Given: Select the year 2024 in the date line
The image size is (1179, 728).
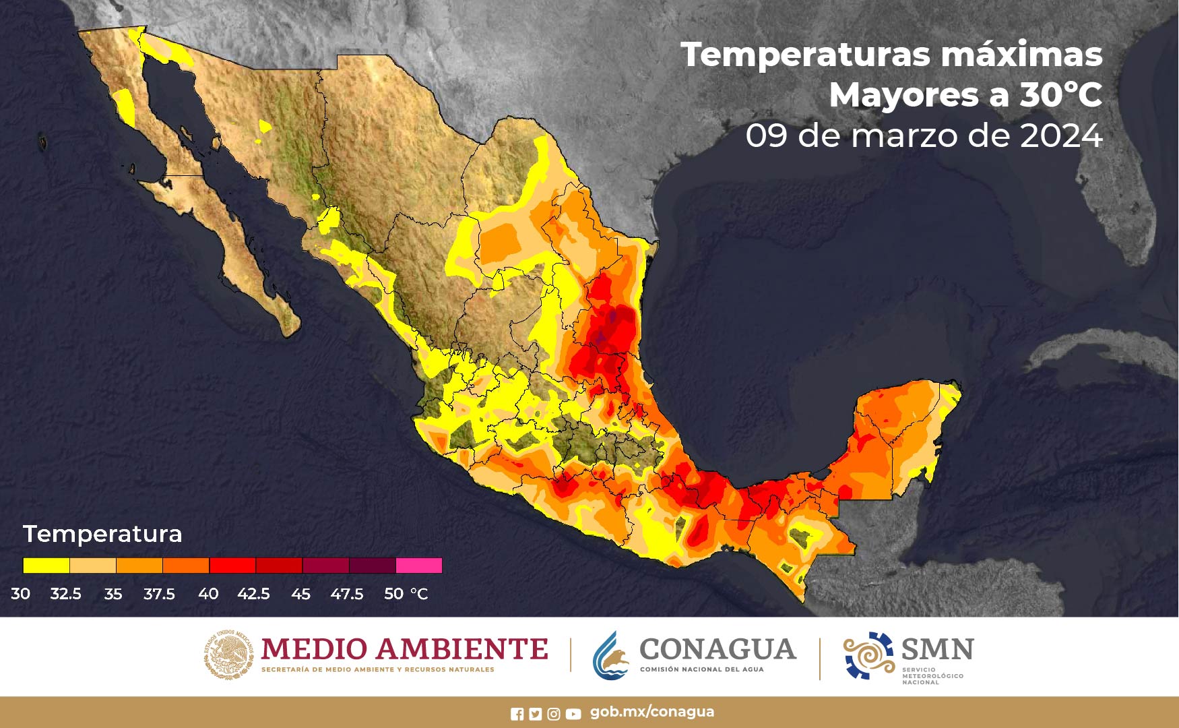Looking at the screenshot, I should pos(1061,136).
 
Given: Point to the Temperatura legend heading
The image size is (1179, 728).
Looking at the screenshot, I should pos(102,534).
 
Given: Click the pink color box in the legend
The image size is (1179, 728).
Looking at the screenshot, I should pos(419,566).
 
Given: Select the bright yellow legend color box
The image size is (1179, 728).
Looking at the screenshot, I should pos(46,566).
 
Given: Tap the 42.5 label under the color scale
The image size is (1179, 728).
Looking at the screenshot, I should pos(253,594).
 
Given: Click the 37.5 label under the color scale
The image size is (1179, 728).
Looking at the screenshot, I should pos(159,594).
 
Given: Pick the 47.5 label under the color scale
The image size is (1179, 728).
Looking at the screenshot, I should pos(346,594).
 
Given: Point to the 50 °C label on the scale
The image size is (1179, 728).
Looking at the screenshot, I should pos(406,594).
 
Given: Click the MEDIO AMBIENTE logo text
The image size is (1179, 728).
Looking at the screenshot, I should pos(404,649).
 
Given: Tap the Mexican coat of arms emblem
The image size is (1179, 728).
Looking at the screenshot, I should pos(229,654).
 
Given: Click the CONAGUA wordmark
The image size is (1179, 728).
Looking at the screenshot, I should pos(718,649).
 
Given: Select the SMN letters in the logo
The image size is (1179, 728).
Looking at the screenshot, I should pos(937,650).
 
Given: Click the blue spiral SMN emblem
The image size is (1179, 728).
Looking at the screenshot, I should pos(868,655).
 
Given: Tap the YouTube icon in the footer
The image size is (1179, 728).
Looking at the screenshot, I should pos(573,714).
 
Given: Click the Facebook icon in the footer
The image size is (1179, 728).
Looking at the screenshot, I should pos(517,714).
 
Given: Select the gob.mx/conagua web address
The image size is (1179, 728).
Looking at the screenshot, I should pos(651,712).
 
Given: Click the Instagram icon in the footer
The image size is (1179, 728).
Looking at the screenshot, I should pos(554,714).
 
